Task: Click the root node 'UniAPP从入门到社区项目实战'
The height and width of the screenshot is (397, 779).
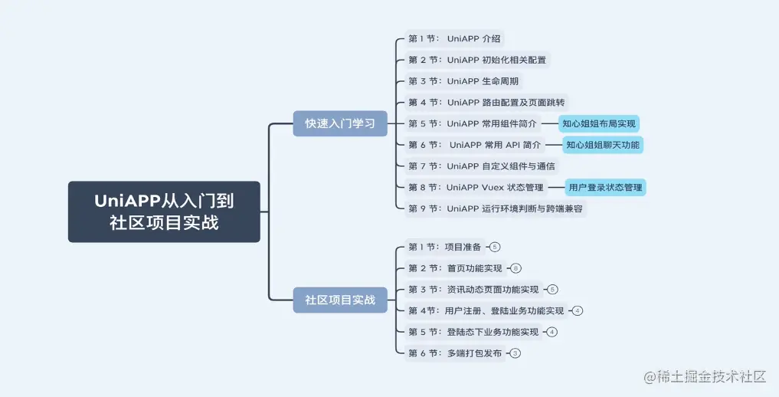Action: tap(164, 212)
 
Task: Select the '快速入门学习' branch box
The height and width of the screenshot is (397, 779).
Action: tap(340, 123)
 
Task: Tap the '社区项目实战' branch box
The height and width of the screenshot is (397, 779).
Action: tap(340, 300)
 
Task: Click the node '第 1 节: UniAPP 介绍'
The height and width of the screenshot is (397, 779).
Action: tap(455, 38)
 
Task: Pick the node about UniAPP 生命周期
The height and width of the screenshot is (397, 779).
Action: tap(464, 80)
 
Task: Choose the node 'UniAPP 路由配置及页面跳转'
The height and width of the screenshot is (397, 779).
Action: tap(486, 102)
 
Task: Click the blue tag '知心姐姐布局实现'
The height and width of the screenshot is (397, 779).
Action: tap(598, 123)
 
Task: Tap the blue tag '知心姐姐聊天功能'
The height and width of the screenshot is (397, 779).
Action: tap(602, 145)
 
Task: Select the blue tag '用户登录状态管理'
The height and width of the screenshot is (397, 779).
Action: tap(605, 187)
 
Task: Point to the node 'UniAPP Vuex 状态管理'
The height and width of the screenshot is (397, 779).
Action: tap(475, 187)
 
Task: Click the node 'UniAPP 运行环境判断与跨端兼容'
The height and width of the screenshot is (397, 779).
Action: tap(495, 208)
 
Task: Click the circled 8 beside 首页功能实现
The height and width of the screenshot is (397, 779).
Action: tap(516, 268)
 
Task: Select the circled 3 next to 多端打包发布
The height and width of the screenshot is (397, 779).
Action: tap(516, 353)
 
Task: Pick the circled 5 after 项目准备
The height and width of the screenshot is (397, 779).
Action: tap(495, 247)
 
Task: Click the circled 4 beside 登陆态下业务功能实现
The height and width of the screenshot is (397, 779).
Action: tap(552, 332)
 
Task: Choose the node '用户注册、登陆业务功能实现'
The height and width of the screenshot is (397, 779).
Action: tap(486, 310)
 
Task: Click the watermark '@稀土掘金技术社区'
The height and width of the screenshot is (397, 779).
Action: tap(705, 377)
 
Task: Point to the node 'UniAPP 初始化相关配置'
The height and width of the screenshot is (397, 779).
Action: tap(476, 60)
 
